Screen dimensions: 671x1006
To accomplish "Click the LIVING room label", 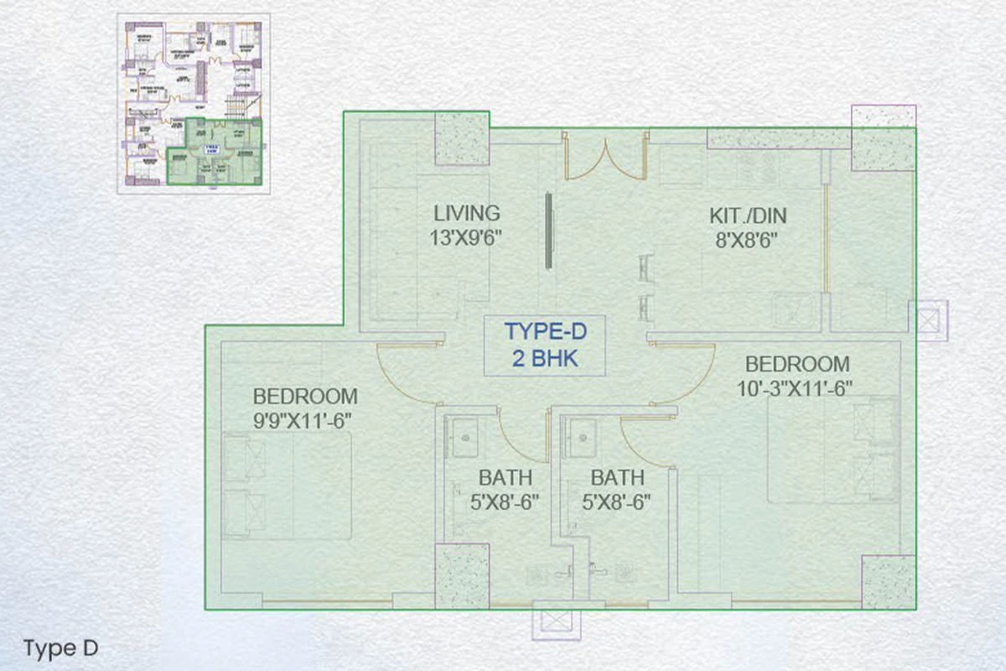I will coord(467,213).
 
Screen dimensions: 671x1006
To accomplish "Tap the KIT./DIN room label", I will coord(748,216).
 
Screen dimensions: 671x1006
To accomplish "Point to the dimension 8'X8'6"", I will coord(748,241).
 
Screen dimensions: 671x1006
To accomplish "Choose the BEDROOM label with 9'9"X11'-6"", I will coord(305,396).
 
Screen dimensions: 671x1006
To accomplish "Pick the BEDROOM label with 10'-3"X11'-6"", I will coord(796,365).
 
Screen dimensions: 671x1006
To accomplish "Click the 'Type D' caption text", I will coord(61,648).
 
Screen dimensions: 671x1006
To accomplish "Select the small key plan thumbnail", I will coord(193,103).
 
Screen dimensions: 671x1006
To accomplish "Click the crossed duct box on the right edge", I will coord(928,320).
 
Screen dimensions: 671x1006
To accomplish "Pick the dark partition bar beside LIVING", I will coord(548,231).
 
